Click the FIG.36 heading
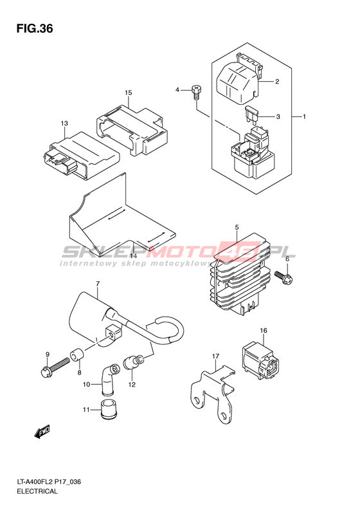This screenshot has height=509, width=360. (x=35, y=28)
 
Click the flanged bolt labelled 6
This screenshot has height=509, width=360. (x=284, y=277)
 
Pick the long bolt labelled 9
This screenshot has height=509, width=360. (x=55, y=366)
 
